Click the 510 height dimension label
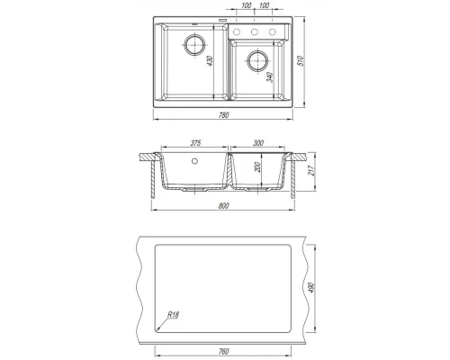301,61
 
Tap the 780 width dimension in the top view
224,115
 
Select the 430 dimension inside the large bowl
210,61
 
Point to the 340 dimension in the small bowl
270,77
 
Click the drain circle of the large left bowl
195,45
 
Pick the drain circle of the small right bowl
257,61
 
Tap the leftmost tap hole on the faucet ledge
237,31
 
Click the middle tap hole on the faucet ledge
255,31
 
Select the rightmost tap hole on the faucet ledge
272,31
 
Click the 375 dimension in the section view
195,143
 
